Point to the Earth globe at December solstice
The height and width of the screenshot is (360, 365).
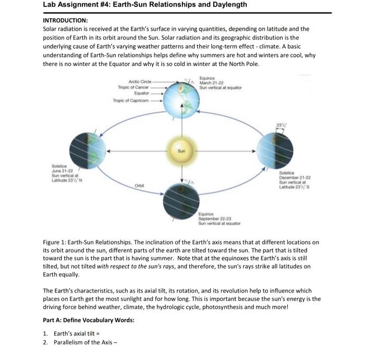tap(275, 150)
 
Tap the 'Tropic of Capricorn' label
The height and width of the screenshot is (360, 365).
tap(130, 100)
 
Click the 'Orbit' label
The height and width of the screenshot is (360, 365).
tap(139, 185)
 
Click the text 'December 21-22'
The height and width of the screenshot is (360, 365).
tap(296, 178)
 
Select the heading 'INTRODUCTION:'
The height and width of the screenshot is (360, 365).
tap(65, 20)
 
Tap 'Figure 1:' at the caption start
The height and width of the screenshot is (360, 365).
tap(57, 242)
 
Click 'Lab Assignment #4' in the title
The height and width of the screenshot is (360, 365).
tap(76, 5)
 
